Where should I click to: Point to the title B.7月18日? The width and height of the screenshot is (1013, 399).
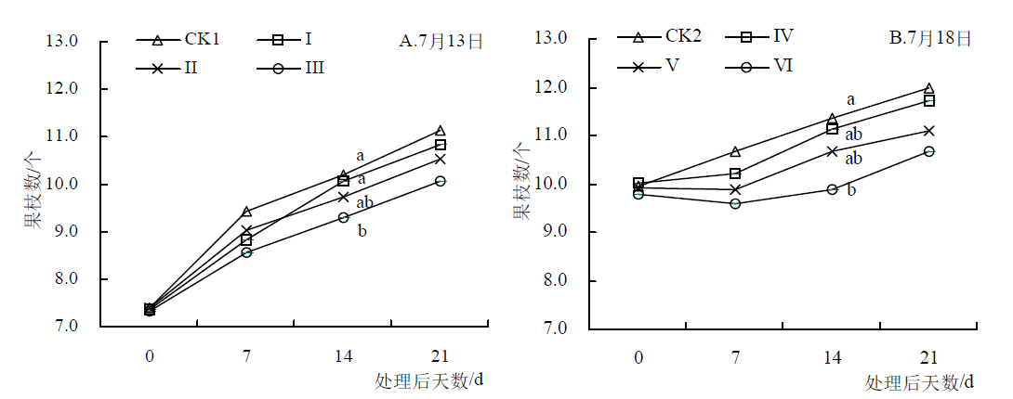[930, 38]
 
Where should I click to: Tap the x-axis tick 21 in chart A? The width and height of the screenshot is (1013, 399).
[440, 355]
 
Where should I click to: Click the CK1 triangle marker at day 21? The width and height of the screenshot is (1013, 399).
[441, 131]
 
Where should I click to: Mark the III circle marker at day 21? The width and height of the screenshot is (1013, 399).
[441, 181]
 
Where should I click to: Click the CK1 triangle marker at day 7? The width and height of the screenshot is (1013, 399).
[246, 212]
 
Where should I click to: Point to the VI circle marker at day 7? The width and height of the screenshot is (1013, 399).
[735, 203]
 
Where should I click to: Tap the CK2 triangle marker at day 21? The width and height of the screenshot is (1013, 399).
[929, 88]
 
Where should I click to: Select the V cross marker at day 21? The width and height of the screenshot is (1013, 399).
[929, 131]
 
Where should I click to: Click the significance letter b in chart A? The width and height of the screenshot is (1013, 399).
[362, 230]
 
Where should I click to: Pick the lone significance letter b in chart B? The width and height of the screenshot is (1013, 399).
[851, 190]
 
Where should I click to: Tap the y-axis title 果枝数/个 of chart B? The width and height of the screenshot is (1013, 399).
[522, 182]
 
